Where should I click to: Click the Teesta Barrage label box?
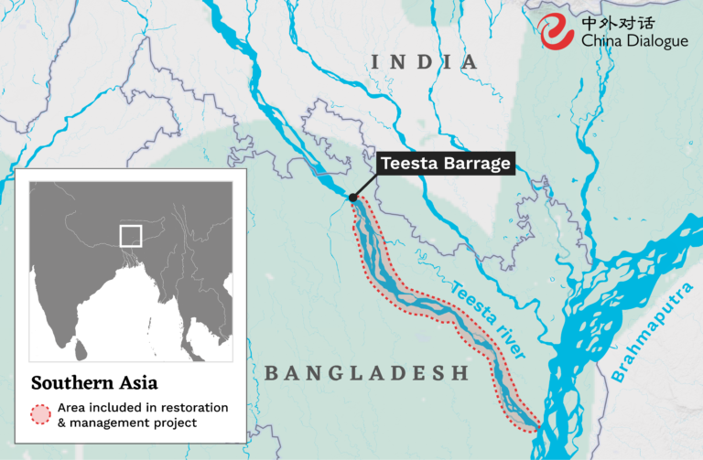tap(446, 164)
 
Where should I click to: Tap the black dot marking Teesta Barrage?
tap(352, 197)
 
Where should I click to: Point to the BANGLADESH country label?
tap(366, 373)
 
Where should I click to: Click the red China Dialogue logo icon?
tap(557, 32)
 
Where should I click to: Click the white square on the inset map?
tap(131, 235)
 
